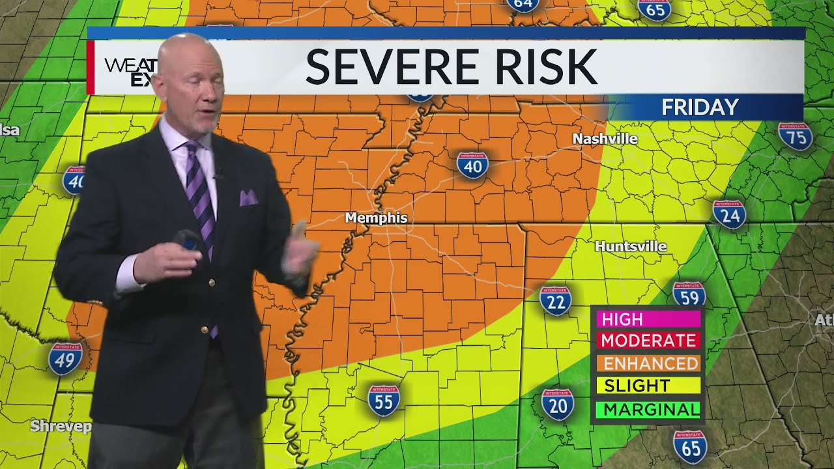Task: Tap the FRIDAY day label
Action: [x=700, y=107]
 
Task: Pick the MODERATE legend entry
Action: [x=648, y=341]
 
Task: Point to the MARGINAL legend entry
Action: [x=650, y=409]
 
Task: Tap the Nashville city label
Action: [x=605, y=139]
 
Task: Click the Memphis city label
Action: [x=376, y=218]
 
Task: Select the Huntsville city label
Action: [x=631, y=246]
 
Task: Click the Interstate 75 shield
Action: [x=795, y=136]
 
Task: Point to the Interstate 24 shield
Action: [x=729, y=214]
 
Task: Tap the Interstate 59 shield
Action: [x=689, y=295]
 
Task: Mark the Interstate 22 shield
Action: [x=556, y=300]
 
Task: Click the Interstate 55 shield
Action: [x=384, y=401]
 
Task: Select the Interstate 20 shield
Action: [x=558, y=404]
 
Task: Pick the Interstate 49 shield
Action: [x=65, y=358]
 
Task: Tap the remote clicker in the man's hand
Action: [x=188, y=242]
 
